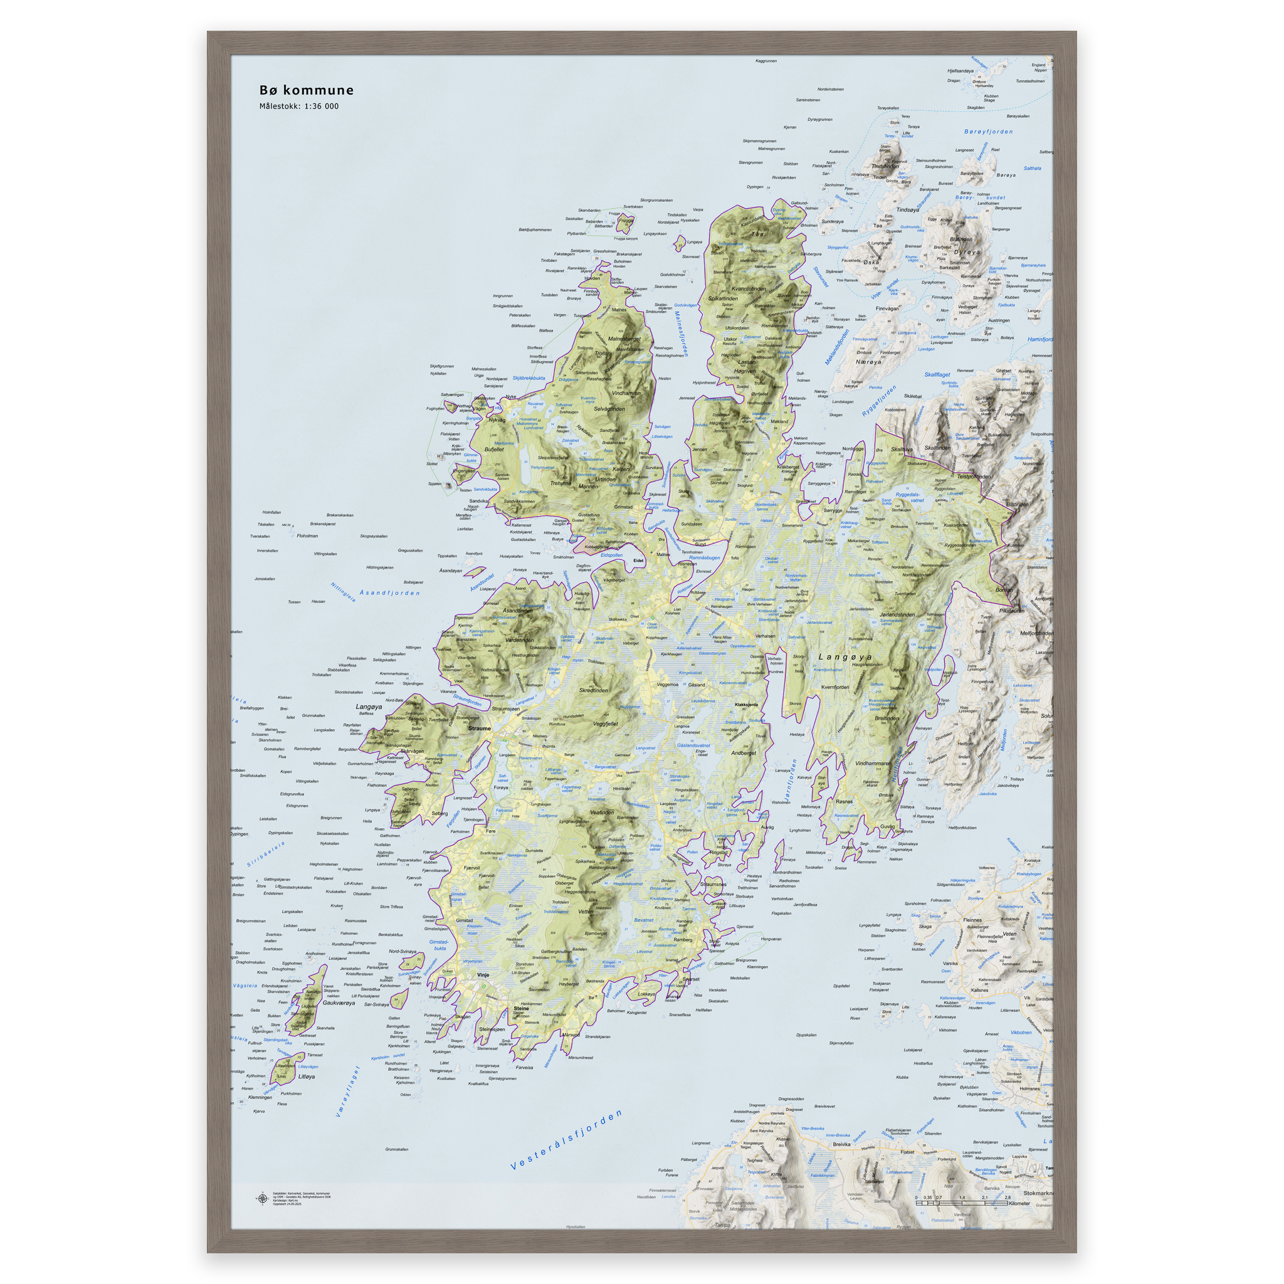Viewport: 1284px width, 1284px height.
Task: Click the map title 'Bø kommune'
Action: pyautogui.click(x=307, y=90)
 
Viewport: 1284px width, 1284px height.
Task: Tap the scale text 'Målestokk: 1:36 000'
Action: pyautogui.click(x=298, y=107)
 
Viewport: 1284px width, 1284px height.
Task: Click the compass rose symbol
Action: pyautogui.click(x=262, y=1199)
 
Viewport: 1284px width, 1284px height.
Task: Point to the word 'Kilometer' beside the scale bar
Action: pyautogui.click(x=1019, y=1204)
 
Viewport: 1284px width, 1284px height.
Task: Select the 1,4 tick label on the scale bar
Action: pyautogui.click(x=962, y=1197)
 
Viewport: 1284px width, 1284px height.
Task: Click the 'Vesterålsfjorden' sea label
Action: pyautogui.click(x=566, y=1140)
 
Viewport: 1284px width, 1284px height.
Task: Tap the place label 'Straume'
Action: pyautogui.click(x=479, y=729)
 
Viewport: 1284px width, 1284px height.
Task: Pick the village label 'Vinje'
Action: pyautogui.click(x=483, y=975)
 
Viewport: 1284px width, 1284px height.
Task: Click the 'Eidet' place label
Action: pyautogui.click(x=638, y=560)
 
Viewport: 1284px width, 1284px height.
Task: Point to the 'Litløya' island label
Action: pyautogui.click(x=307, y=1076)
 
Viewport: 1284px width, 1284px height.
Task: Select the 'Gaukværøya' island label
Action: pyautogui.click(x=339, y=1003)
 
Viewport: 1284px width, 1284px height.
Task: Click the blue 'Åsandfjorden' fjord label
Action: pyautogui.click(x=389, y=592)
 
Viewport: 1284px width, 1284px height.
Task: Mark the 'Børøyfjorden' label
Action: pyautogui.click(x=988, y=132)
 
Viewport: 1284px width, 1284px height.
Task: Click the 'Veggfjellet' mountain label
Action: pyautogui.click(x=605, y=724)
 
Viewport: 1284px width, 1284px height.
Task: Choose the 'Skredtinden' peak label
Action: pyautogui.click(x=594, y=690)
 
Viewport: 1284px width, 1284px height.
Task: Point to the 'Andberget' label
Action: pyautogui.click(x=743, y=753)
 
